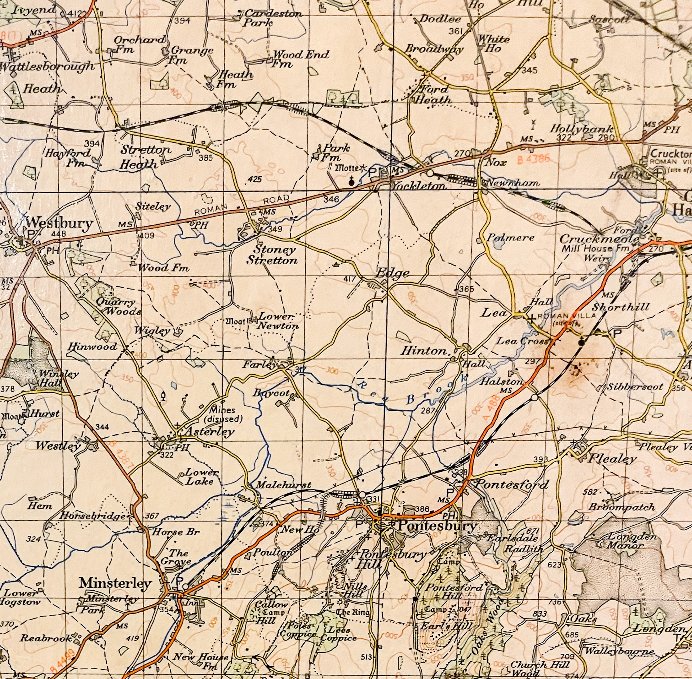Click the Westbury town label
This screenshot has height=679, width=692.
59,223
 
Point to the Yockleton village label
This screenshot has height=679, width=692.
418,186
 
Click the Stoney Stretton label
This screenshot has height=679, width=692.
272,255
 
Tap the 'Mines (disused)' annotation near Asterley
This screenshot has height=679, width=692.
223,414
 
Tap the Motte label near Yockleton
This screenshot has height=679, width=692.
347,168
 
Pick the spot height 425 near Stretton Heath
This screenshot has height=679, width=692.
255,179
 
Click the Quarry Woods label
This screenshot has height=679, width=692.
119,307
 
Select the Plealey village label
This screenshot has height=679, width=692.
612,459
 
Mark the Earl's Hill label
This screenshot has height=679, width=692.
445,626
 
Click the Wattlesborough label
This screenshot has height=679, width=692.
47,67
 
